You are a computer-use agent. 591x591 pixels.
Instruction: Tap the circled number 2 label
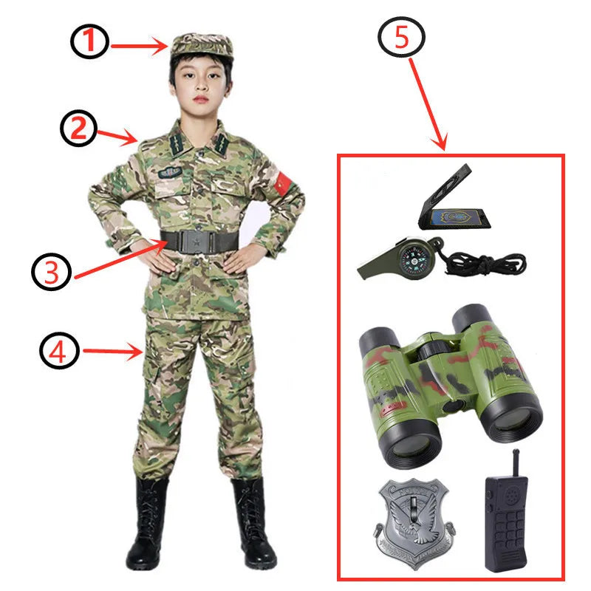[x=79, y=129]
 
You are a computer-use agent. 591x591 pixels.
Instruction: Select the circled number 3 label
[x=50, y=272]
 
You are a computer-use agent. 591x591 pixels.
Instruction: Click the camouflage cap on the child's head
[x=201, y=46]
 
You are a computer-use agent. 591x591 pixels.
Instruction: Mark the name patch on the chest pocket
[x=169, y=172]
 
